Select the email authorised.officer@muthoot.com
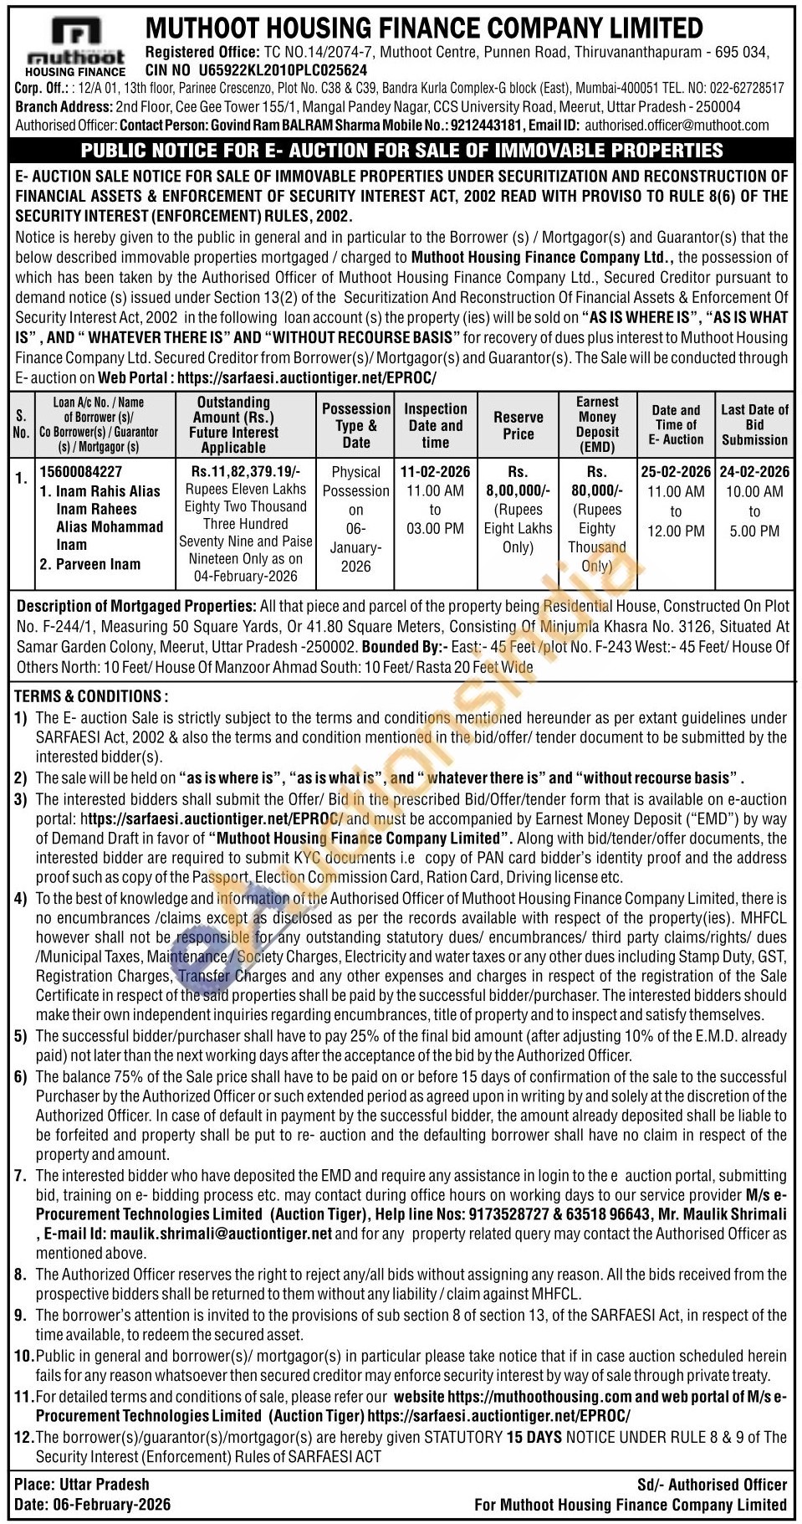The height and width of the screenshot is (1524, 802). [677, 126]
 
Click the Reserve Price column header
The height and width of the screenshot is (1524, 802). [518, 425]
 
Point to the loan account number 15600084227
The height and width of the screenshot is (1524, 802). [81, 472]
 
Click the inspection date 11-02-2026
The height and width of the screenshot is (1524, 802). [435, 472]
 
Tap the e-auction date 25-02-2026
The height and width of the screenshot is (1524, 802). [676, 472]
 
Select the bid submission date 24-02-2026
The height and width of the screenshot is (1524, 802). [754, 472]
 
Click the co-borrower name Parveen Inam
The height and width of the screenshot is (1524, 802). [98, 564]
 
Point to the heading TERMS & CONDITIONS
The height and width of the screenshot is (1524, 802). [91, 696]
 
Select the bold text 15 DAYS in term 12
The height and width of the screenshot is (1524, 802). [534, 1437]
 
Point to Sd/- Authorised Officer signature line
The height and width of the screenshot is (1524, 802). [712, 1485]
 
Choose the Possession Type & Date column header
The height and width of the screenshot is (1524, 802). [356, 425]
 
